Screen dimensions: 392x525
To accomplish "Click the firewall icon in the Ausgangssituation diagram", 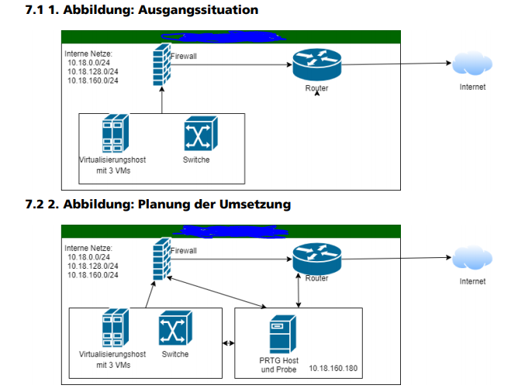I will pyautogui.click(x=161, y=65).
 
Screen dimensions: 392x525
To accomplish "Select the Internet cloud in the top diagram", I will pyautogui.click(x=471, y=64).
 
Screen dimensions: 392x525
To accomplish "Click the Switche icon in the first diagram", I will pyautogui.click(x=200, y=135).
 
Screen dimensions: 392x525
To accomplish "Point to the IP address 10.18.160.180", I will pyautogui.click(x=333, y=369).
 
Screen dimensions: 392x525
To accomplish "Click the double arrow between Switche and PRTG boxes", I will pyautogui.click(x=229, y=343).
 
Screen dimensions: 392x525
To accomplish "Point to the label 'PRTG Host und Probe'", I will pyautogui.click(x=279, y=364).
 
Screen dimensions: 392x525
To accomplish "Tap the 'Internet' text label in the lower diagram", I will pyautogui.click(x=471, y=281).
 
